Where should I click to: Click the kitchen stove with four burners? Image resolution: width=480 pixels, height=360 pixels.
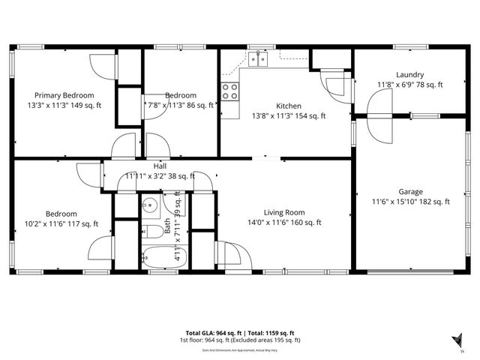coord(230,91)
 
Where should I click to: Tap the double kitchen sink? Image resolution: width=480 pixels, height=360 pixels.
coord(259,58)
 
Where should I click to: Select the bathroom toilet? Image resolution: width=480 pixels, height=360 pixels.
coord(149,230)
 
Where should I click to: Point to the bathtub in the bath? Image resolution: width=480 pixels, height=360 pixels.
coord(158,256)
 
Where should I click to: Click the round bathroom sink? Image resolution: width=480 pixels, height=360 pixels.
coord(150,202)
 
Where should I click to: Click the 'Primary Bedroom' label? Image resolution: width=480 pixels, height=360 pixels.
coord(64,95)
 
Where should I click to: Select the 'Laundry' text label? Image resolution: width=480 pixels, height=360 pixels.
coord(410,75)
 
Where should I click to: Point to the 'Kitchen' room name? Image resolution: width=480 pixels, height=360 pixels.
coord(288,106)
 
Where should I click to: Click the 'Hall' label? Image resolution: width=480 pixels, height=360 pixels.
coord(160,166)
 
